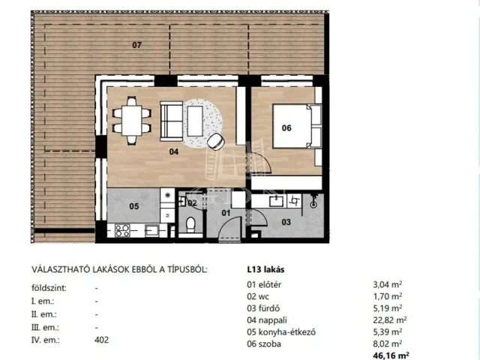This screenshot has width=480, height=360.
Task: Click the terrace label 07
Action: [136, 45]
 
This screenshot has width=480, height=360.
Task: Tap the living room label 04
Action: [173, 151]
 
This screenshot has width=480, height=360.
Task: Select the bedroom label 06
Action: [286, 128]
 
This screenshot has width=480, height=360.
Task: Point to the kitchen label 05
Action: [134, 206]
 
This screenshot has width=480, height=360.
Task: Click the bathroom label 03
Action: [286, 222]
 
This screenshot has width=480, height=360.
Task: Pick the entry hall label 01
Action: [226, 213]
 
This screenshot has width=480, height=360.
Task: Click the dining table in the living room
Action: [132, 121]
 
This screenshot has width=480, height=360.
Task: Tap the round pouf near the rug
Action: [215, 142]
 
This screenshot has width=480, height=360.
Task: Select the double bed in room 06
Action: [297, 126]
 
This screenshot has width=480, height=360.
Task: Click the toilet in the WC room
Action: [190, 225]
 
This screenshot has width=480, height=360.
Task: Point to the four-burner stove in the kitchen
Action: [122, 230]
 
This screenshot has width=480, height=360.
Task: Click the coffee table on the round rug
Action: [195, 121]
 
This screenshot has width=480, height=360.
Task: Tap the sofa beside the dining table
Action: [172, 121]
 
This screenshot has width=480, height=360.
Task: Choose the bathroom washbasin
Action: [277, 202]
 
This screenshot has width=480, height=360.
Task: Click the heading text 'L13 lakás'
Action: [265, 270]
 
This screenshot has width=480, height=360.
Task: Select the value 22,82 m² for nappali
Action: [390, 320]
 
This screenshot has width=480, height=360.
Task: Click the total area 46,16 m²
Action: [391, 355]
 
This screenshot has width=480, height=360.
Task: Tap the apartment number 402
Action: [102, 340]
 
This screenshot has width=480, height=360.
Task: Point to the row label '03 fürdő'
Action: [263, 308]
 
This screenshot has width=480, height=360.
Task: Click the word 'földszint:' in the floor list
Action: [49, 288]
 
